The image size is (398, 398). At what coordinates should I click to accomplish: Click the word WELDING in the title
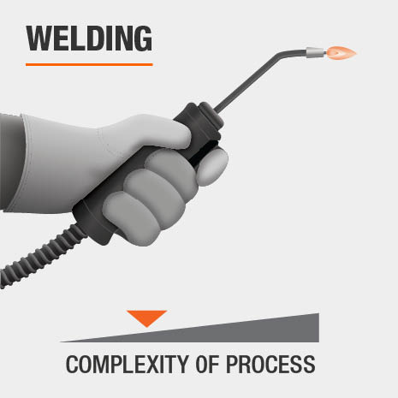pyautogui.click(x=89, y=39)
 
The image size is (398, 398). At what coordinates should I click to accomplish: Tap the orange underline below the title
pyautogui.click(x=89, y=65)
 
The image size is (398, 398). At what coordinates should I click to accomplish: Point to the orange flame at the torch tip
pyautogui.click(x=342, y=53)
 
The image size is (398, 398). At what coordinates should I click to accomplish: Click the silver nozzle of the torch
pyautogui.click(x=316, y=52)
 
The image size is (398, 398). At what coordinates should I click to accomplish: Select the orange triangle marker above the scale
pyautogui.click(x=146, y=318)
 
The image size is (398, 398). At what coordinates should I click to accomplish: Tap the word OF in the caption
pyautogui.click(x=207, y=365)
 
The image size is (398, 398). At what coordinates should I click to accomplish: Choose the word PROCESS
pyautogui.click(x=270, y=365)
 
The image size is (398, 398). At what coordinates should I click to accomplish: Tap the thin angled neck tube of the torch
pyautogui.click(x=251, y=79)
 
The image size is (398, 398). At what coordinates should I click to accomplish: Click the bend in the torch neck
pyautogui.click(x=280, y=54)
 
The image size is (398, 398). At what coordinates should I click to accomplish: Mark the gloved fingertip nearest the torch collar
pyautogui.click(x=211, y=166)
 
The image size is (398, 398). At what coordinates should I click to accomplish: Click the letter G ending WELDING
pyautogui.click(x=142, y=39)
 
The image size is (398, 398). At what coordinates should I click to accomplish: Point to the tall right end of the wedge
pyautogui.click(x=318, y=328)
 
